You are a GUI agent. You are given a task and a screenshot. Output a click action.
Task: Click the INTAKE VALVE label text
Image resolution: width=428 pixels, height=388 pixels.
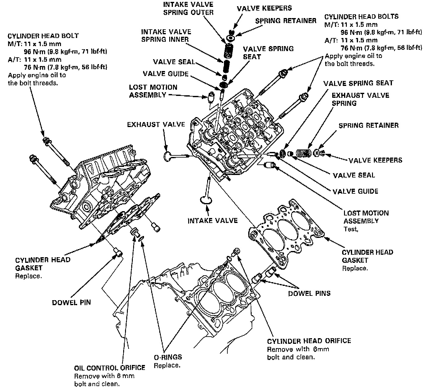[212, 221]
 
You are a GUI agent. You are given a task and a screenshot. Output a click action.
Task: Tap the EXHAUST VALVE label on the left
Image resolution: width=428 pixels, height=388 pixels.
[156, 125]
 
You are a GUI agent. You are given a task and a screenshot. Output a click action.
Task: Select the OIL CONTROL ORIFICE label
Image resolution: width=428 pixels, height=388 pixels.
[109, 368]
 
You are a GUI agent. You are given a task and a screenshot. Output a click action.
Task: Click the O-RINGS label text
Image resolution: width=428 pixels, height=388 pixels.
[168, 357]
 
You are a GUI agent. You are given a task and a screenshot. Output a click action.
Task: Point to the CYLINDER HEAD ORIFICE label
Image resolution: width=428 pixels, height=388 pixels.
[309, 341]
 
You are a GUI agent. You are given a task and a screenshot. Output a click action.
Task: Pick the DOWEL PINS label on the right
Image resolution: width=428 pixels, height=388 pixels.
[309, 293]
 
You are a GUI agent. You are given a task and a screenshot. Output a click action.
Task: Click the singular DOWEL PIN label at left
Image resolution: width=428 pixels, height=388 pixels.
[72, 302]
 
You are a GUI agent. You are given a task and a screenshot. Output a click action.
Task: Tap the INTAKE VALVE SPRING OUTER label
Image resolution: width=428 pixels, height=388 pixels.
[188, 9]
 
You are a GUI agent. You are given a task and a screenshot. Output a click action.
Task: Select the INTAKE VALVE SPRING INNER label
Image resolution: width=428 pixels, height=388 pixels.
[166, 35]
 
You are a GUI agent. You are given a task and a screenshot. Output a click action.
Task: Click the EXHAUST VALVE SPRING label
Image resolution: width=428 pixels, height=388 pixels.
[360, 99]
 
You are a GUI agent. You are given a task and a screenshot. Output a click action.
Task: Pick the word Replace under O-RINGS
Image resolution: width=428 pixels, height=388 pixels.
[167, 365]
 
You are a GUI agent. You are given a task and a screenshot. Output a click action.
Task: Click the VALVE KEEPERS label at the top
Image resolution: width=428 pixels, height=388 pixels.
[264, 8]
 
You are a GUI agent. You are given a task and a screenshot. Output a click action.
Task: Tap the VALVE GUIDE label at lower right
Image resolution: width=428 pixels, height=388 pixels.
[355, 191]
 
